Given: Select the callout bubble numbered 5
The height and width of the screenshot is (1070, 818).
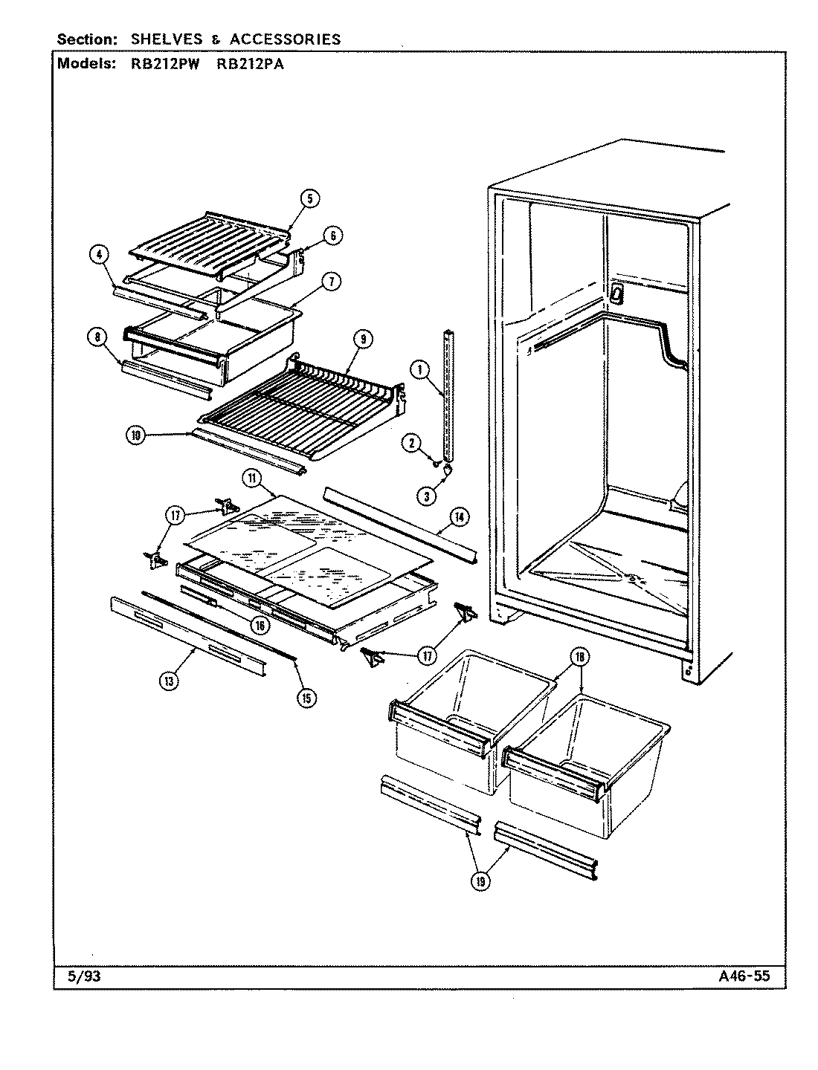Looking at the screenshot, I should click(310, 198).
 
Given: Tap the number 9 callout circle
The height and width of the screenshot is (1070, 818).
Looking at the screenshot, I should click(361, 339).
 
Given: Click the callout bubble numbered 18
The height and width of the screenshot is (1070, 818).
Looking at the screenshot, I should click(579, 657).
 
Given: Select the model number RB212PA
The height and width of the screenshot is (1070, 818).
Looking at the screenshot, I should click(249, 64).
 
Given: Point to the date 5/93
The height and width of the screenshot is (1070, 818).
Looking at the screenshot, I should click(83, 977).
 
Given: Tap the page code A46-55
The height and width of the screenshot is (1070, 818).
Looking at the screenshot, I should click(744, 977).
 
